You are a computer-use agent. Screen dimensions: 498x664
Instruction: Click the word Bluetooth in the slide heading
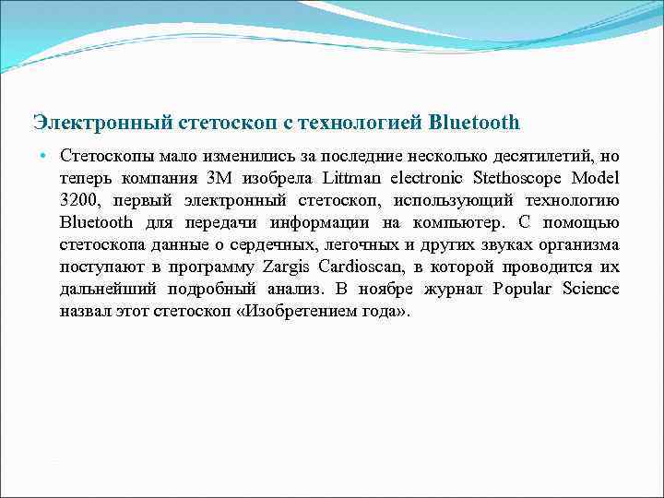point(475,122)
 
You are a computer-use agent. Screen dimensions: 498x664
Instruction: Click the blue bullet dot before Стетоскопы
point(43,154)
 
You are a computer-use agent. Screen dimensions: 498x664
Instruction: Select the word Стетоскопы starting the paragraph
point(101,154)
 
